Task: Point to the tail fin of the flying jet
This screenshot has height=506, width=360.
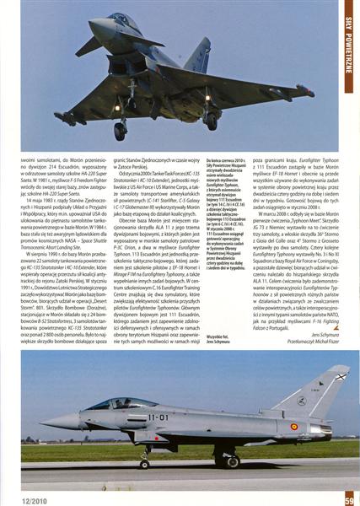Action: (x=199, y=55)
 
